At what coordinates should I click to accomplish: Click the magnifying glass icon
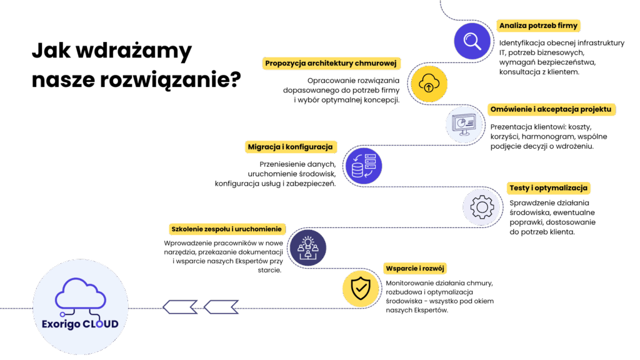(x=472, y=41)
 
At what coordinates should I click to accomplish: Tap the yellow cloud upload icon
(x=429, y=84)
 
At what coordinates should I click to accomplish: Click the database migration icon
(x=364, y=166)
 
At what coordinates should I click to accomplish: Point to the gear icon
(x=482, y=207)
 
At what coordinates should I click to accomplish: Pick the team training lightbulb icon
(x=307, y=247)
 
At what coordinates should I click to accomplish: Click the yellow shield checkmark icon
(x=361, y=289)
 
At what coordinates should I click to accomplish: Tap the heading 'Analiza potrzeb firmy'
(x=538, y=26)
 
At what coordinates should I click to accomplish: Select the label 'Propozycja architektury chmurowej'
(x=331, y=63)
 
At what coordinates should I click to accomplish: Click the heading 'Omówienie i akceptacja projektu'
(x=551, y=109)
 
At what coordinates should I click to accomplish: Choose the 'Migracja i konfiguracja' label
(x=290, y=147)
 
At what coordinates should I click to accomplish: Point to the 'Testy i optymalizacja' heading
(x=549, y=187)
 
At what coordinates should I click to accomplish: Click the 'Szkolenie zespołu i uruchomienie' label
(x=226, y=229)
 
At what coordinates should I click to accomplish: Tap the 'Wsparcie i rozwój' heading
(x=415, y=269)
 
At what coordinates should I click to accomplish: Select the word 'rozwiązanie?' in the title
(x=171, y=79)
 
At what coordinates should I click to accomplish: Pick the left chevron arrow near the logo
(x=180, y=307)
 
